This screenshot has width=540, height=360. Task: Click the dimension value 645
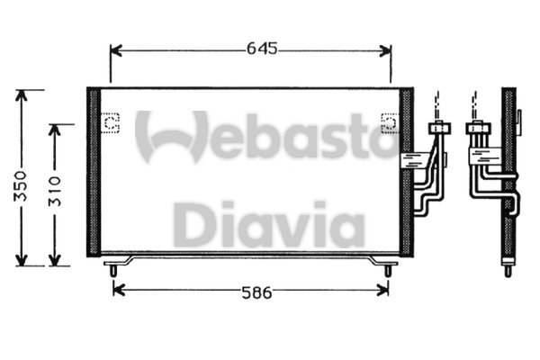261,49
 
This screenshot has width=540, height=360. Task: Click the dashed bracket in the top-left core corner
111,122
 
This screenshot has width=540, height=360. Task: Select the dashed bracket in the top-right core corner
389,122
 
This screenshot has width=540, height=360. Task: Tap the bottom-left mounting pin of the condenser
110,268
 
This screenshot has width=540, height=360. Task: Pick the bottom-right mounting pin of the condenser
388,268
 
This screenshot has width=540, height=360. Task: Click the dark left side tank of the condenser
92,171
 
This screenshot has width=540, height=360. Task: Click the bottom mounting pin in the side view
508,268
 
